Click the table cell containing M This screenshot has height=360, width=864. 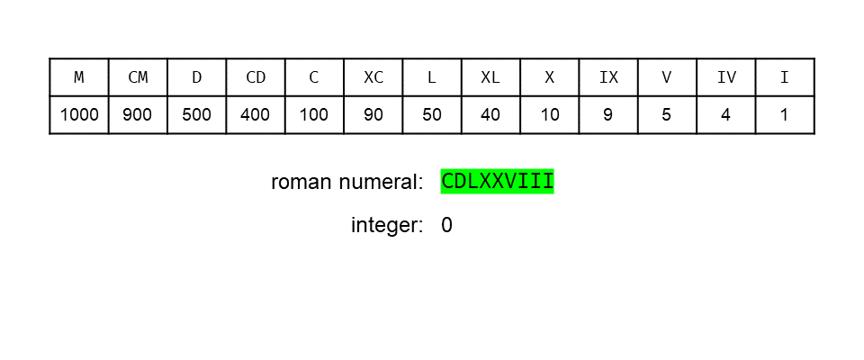(x=79, y=77)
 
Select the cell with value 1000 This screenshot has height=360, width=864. (x=79, y=115)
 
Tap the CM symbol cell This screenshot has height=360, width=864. (x=138, y=77)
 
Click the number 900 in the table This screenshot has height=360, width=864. (x=138, y=115)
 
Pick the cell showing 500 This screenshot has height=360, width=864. (x=196, y=115)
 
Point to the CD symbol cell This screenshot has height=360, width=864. (x=256, y=77)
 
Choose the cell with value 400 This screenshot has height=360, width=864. (x=256, y=115)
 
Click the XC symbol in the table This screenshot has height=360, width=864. (x=373, y=77)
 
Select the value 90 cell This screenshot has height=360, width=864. (x=373, y=115)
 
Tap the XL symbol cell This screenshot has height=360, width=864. (x=490, y=77)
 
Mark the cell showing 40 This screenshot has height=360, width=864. (x=490, y=115)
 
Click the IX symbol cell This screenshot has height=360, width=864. (x=608, y=77)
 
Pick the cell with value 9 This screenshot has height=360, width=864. (x=608, y=115)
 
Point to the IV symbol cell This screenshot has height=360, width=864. (x=726, y=77)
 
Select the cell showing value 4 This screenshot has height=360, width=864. (x=726, y=115)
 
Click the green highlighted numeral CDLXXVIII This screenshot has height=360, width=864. (x=497, y=182)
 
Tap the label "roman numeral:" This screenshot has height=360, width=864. (x=346, y=182)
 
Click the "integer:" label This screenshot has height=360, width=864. (x=387, y=225)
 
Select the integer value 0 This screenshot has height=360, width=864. (x=447, y=225)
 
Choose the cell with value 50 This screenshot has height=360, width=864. (x=432, y=115)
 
